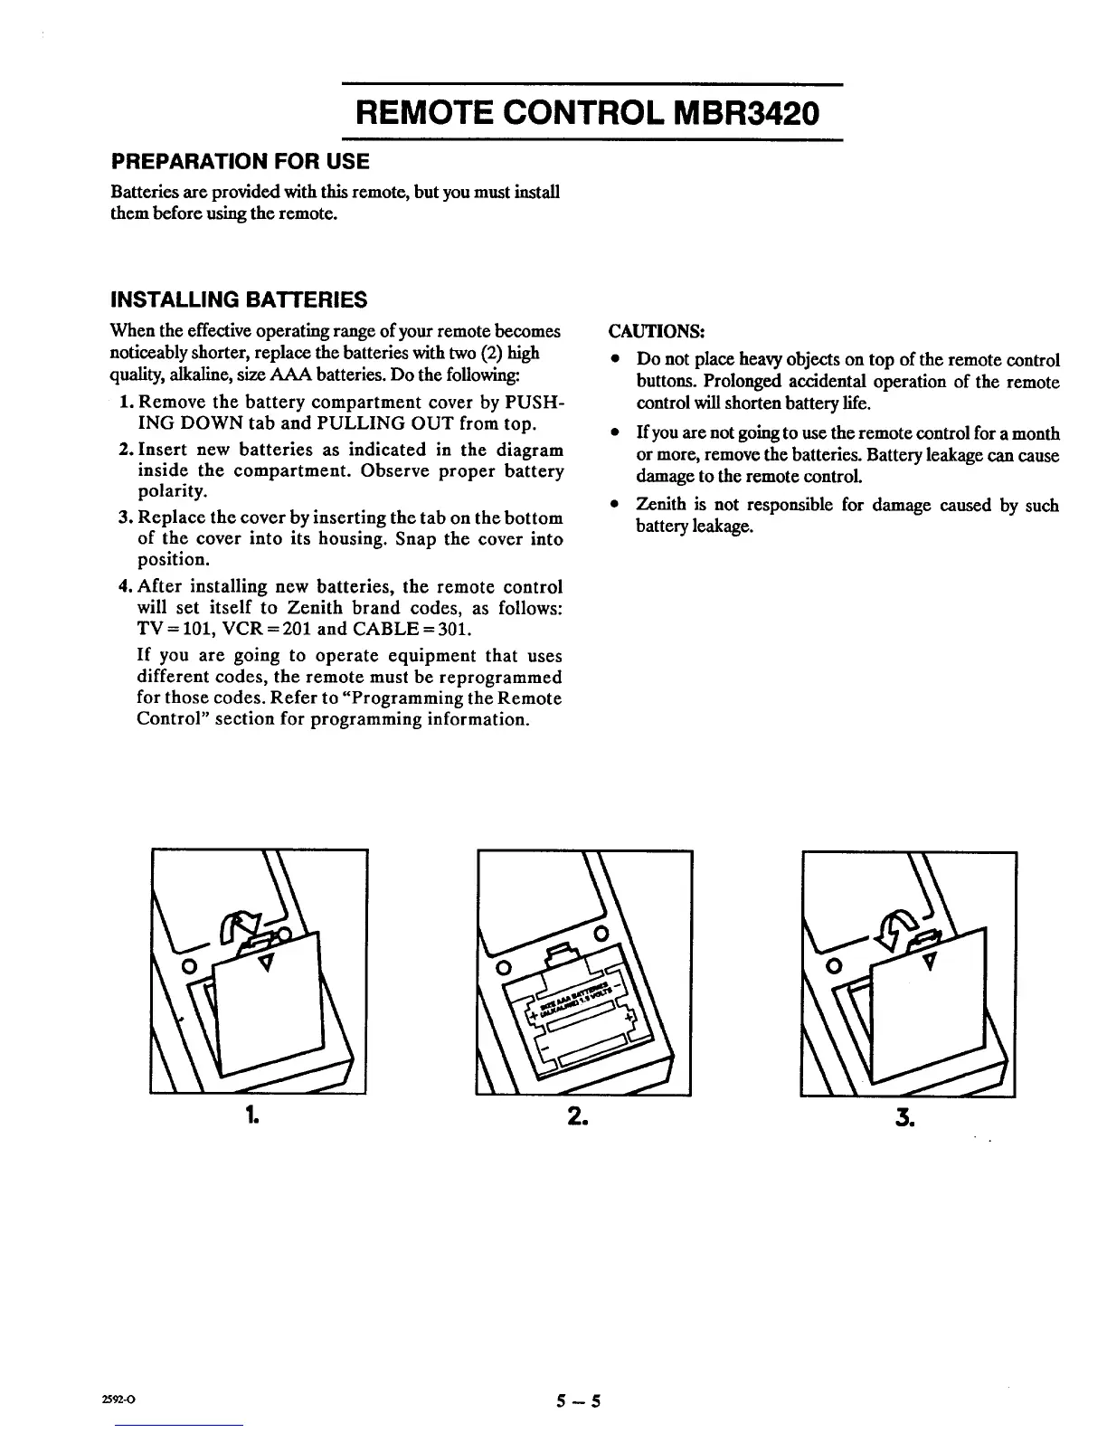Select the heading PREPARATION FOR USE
pos(240,162)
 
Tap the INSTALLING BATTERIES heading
pos(238,299)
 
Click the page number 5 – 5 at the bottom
pos(579,1403)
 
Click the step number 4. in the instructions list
pos(126,587)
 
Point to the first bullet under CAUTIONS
pos(615,360)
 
